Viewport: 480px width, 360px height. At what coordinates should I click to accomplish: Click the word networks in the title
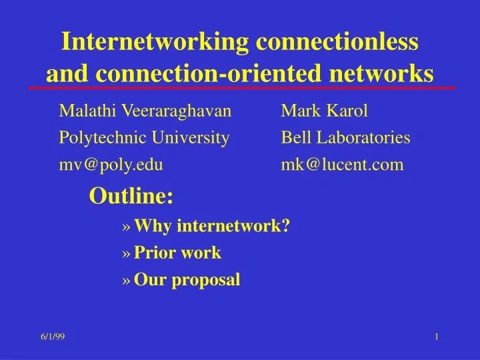[383, 72]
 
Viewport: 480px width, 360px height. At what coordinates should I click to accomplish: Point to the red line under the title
[241, 88]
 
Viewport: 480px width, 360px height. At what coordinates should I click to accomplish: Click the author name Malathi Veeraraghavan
[145, 111]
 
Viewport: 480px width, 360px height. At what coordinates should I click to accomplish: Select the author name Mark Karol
[324, 111]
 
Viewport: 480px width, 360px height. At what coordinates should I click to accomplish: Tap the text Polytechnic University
[144, 138]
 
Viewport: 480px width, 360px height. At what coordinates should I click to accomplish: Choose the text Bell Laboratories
[345, 138]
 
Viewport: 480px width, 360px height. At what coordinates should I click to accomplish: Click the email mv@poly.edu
[111, 165]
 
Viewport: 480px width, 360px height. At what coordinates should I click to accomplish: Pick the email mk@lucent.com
[342, 165]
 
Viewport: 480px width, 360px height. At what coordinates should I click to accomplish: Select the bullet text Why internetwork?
[211, 227]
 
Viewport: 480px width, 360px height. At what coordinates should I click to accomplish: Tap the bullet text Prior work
[177, 253]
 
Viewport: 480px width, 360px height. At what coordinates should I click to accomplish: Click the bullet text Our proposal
[187, 280]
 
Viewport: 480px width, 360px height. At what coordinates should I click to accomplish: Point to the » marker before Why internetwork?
[127, 227]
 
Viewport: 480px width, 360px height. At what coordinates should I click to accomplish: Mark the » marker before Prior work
[127, 254]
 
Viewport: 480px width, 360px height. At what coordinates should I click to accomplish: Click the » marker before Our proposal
[127, 281]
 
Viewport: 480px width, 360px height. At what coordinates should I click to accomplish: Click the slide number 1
[436, 337]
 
